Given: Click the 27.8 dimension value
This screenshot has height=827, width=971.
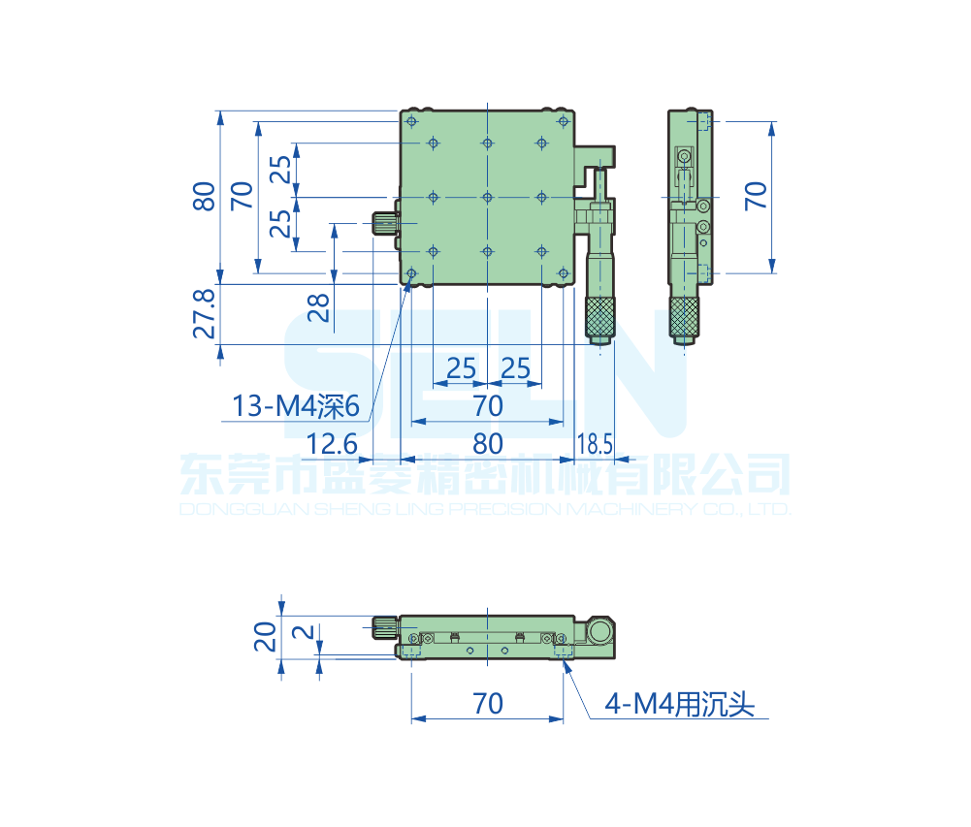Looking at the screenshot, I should click(x=204, y=311).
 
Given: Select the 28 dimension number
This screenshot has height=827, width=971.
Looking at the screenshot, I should click(x=318, y=307).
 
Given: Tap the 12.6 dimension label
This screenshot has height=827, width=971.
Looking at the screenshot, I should click(x=332, y=444).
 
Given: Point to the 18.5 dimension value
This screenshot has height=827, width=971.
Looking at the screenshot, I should click(x=595, y=444).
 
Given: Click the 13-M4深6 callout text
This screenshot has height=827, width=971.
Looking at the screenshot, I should click(x=296, y=406).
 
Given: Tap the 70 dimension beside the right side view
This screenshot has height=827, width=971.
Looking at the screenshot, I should click(x=756, y=196).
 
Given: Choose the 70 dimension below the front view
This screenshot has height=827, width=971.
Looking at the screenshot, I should click(x=487, y=703).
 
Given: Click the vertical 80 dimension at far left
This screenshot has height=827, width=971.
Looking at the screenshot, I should click(x=204, y=196).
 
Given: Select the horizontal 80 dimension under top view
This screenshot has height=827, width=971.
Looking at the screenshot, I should click(x=487, y=444).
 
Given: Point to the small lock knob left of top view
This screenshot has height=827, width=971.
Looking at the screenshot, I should click(x=385, y=224).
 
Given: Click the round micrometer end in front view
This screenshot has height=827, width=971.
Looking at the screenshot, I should click(x=600, y=633).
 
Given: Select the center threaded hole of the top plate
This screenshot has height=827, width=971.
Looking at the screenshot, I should click(x=487, y=197).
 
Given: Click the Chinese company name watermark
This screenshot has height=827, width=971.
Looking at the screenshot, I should click(x=485, y=475).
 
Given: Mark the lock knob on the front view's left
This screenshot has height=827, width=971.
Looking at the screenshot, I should click(x=384, y=628).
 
